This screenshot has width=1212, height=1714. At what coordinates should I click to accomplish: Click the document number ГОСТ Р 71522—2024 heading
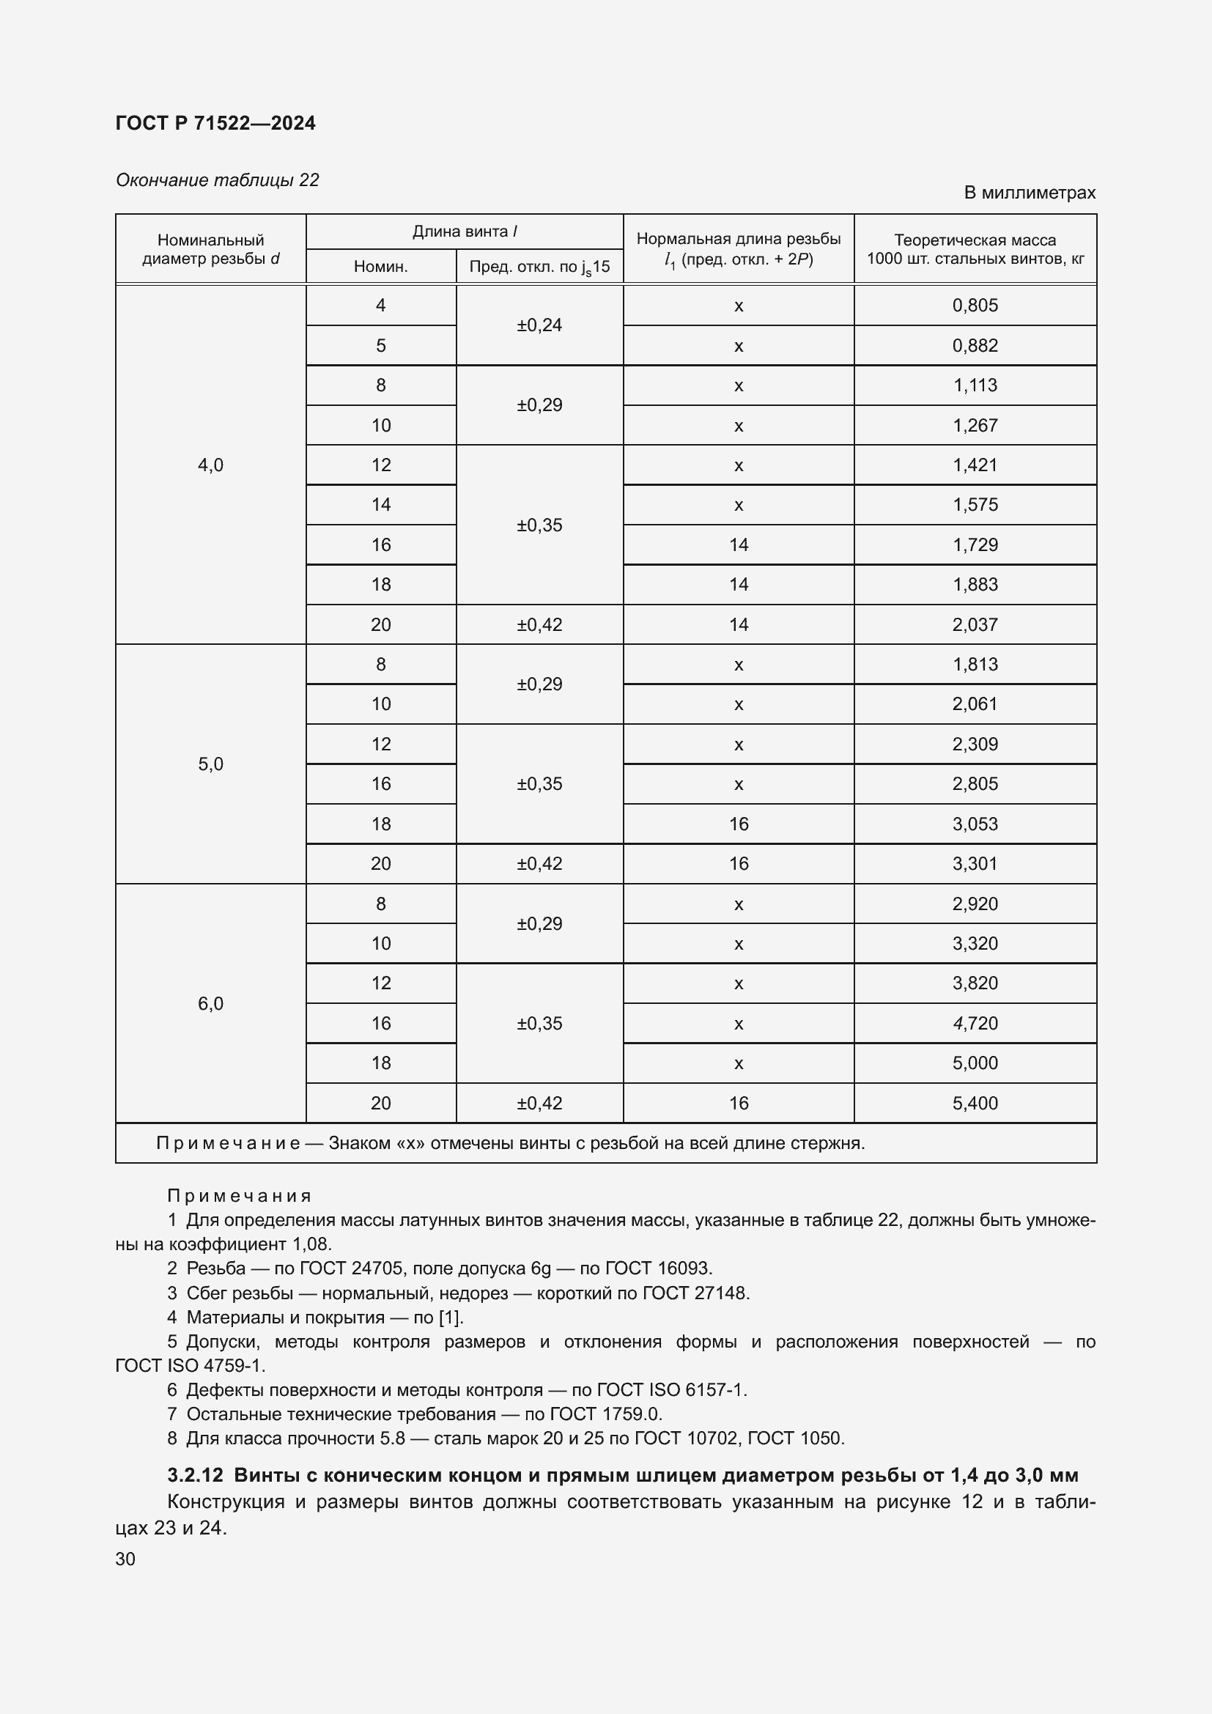tap(215, 123)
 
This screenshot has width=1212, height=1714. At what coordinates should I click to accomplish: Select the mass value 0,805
tap(975, 306)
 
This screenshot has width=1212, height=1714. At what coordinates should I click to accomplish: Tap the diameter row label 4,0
tap(210, 465)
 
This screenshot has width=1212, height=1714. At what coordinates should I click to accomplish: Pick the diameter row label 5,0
tap(210, 764)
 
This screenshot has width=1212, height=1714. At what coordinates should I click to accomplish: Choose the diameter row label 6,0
tap(210, 1003)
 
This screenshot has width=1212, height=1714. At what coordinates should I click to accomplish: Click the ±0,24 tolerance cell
tap(539, 325)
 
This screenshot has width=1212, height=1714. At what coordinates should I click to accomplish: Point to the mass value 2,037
tap(975, 625)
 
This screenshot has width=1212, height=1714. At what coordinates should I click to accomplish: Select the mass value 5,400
tap(975, 1104)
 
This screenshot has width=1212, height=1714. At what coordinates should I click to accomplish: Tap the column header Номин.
tap(380, 267)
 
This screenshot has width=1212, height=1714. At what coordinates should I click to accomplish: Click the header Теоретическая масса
tap(975, 240)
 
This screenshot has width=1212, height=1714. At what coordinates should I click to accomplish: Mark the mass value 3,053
tap(975, 824)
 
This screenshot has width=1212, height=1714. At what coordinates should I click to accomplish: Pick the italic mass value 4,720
tap(975, 1024)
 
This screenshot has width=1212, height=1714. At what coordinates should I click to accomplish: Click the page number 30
tap(125, 1559)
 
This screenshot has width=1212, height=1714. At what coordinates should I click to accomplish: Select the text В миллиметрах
tap(1029, 193)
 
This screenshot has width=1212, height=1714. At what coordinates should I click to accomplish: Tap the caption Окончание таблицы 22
tap(217, 180)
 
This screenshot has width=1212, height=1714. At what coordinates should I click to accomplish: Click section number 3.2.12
tap(196, 1476)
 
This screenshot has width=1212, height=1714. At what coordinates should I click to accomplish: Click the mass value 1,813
tap(975, 665)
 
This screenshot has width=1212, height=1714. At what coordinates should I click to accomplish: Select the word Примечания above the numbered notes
tap(239, 1196)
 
